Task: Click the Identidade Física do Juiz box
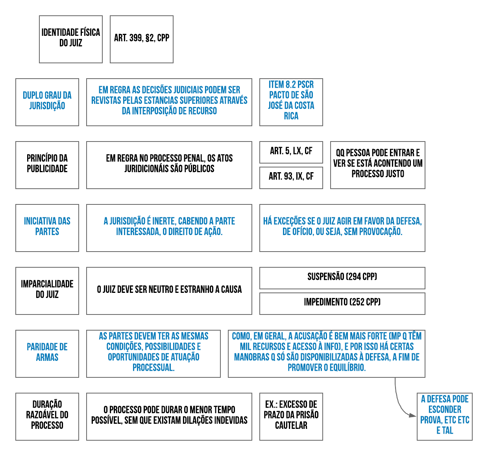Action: [71, 39]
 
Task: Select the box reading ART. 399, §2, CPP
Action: [142, 39]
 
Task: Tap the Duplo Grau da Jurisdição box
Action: [47, 102]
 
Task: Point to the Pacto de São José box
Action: [291, 102]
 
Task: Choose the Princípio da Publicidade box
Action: [47, 165]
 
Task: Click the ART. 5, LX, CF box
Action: [291, 152]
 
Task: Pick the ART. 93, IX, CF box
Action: [291, 178]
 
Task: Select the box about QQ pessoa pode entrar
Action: [378, 165]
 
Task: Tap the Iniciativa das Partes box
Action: [47, 228]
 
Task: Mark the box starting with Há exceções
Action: [342, 228]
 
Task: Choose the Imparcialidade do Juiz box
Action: [47, 291]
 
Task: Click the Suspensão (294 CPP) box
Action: [342, 278]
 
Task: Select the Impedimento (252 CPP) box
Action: [342, 303]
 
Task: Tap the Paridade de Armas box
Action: [47, 354]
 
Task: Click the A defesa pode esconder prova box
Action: [445, 417]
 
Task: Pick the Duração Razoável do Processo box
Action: [47, 417]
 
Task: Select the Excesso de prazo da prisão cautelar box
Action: [291, 417]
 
